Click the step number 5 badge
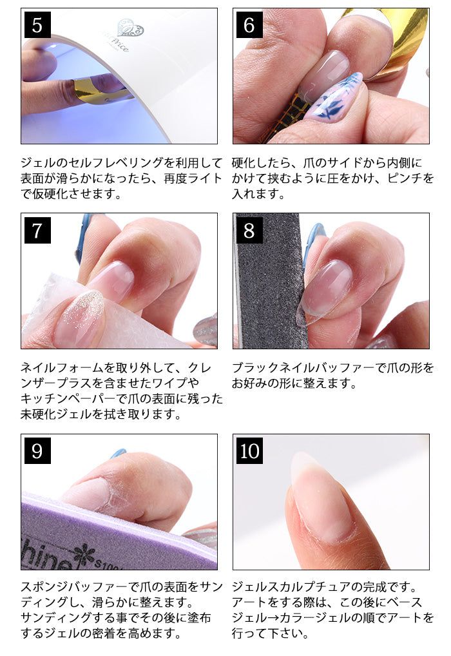click(37, 24)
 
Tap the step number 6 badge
click(249, 24)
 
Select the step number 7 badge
click(37, 230)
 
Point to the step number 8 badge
click(249, 230)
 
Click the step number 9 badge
click(37, 450)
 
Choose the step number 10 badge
click(249, 450)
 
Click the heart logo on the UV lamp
click(131, 28)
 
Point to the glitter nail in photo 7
click(79, 319)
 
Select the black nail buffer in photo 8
click(271, 281)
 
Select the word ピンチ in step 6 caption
click(405, 178)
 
